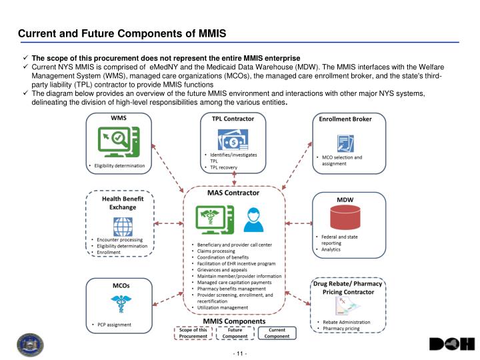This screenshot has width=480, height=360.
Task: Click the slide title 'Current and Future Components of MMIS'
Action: pyautogui.click(x=122, y=33)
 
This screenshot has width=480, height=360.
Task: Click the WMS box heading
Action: pyautogui.click(x=119, y=119)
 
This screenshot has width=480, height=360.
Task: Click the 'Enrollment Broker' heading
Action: pyautogui.click(x=346, y=119)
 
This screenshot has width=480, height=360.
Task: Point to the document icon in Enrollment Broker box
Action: pyautogui.click(x=346, y=142)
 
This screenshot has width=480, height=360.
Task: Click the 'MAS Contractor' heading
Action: pyautogui.click(x=233, y=193)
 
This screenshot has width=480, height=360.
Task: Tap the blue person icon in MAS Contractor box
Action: pyautogui.click(x=253, y=218)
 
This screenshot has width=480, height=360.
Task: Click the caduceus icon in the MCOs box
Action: pyautogui.click(x=120, y=304)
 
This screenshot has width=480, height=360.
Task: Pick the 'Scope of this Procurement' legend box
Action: pyautogui.click(x=194, y=333)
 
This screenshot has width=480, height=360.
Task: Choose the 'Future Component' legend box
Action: pyautogui.click(x=235, y=333)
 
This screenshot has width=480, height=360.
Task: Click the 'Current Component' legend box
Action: pyautogui.click(x=277, y=333)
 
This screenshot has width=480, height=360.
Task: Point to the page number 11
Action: pyautogui.click(x=239, y=351)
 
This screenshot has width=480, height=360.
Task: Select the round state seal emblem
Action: pyautogui.click(x=30, y=345)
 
